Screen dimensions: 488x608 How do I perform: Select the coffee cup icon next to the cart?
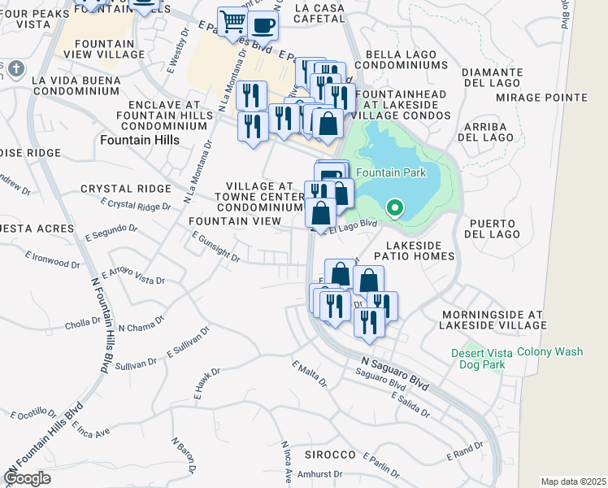coord(263,24)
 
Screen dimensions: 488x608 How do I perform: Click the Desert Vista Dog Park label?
coord(479,359)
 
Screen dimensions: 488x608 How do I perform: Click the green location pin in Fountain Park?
coord(395,209)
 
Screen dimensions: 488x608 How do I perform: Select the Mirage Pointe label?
coord(552,98)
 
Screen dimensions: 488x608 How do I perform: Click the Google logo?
coord(27,478)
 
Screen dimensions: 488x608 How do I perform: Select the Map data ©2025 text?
coord(572,481)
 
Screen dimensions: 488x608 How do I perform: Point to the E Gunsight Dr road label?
coord(216,247)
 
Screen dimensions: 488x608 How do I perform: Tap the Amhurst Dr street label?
coord(319,473)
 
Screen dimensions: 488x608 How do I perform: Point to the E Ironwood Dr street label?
coord(52,259)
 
